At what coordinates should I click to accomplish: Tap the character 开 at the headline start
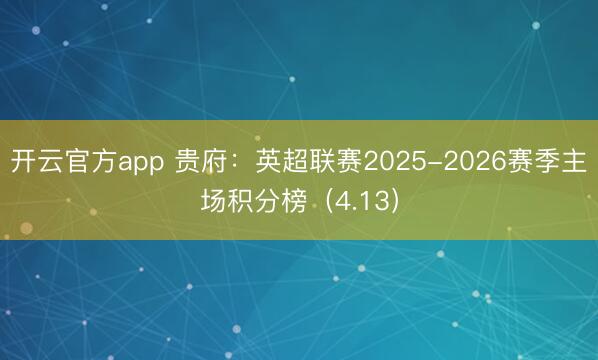coord(23,160)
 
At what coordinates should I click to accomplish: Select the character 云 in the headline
coord(51,160)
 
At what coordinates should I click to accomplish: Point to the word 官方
coord(92,160)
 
